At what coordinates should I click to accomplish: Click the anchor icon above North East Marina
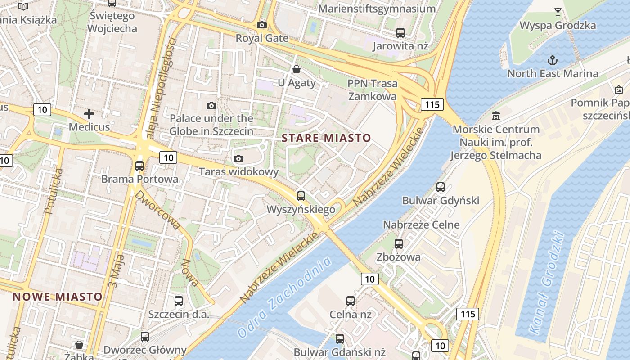[552, 60]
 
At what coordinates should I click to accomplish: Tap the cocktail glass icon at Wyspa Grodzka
[558, 12]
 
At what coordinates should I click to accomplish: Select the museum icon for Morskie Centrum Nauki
[496, 116]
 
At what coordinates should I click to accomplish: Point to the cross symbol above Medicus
[89, 114]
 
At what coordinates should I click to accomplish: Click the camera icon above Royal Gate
[261, 25]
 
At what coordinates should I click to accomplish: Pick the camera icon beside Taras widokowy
[238, 158]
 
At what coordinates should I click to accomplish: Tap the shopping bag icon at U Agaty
[297, 69]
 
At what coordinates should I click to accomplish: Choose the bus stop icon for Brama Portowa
[139, 166]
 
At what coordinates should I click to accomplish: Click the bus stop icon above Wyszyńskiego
[301, 196]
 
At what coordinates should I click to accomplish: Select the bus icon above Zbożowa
[398, 244]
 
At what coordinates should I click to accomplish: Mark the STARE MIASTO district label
[326, 138]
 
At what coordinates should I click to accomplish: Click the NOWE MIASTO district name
[58, 297]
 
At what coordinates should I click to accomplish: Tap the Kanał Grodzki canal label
[546, 283]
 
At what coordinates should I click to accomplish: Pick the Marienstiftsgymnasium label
[377, 9]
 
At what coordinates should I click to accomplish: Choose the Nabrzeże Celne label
[421, 225]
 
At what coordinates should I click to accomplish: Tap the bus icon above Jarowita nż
[400, 32]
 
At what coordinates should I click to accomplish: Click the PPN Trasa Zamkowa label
[373, 90]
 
